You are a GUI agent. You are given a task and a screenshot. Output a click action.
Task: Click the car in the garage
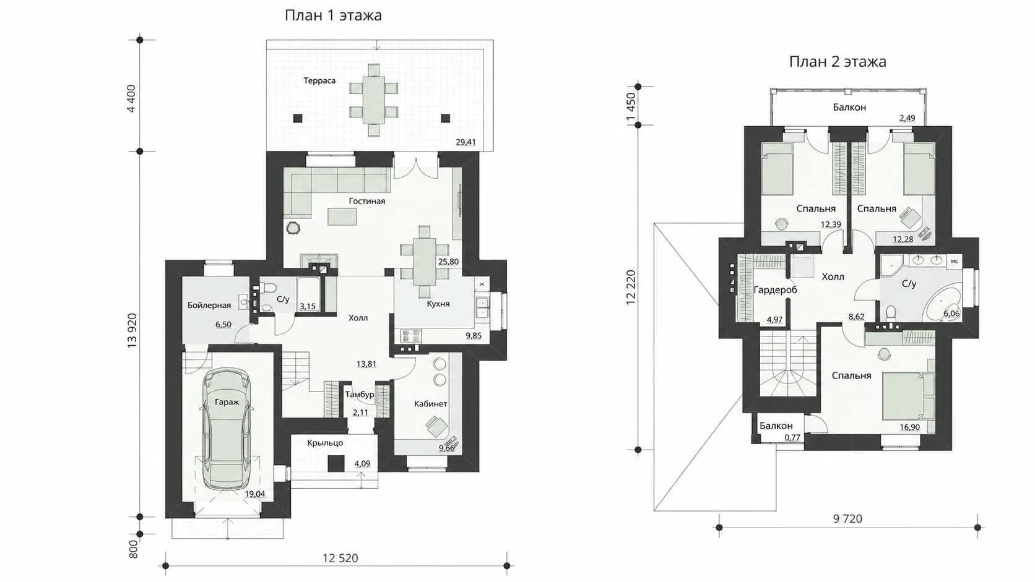click(227, 429)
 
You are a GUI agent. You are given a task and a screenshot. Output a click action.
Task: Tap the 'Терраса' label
click(319, 81)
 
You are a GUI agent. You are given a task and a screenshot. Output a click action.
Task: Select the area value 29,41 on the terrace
click(466, 142)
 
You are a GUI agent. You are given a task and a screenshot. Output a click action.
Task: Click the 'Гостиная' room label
click(367, 201)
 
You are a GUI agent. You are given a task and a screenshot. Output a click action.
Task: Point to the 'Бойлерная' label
click(209, 305)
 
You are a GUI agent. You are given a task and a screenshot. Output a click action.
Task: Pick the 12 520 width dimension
click(340, 558)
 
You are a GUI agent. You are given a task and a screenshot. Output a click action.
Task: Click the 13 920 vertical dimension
click(132, 330)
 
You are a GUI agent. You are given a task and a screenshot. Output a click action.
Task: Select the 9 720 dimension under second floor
click(847, 520)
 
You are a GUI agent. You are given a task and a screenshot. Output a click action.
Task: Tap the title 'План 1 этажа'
click(333, 15)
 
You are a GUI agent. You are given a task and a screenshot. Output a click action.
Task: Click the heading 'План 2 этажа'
click(838, 62)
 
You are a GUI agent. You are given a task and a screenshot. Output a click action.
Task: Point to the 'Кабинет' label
click(431, 404)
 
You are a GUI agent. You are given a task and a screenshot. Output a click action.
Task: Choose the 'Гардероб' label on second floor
click(776, 290)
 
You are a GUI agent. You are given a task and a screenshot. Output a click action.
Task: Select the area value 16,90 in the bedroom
click(909, 427)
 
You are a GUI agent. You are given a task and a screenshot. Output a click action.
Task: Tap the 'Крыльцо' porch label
click(325, 443)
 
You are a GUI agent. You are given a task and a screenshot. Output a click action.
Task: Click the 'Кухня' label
click(438, 304)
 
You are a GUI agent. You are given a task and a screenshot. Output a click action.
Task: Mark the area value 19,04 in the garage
click(255, 494)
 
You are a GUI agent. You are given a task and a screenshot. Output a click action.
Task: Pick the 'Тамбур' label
click(360, 395)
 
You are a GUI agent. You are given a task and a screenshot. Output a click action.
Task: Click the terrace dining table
click(373, 100)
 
